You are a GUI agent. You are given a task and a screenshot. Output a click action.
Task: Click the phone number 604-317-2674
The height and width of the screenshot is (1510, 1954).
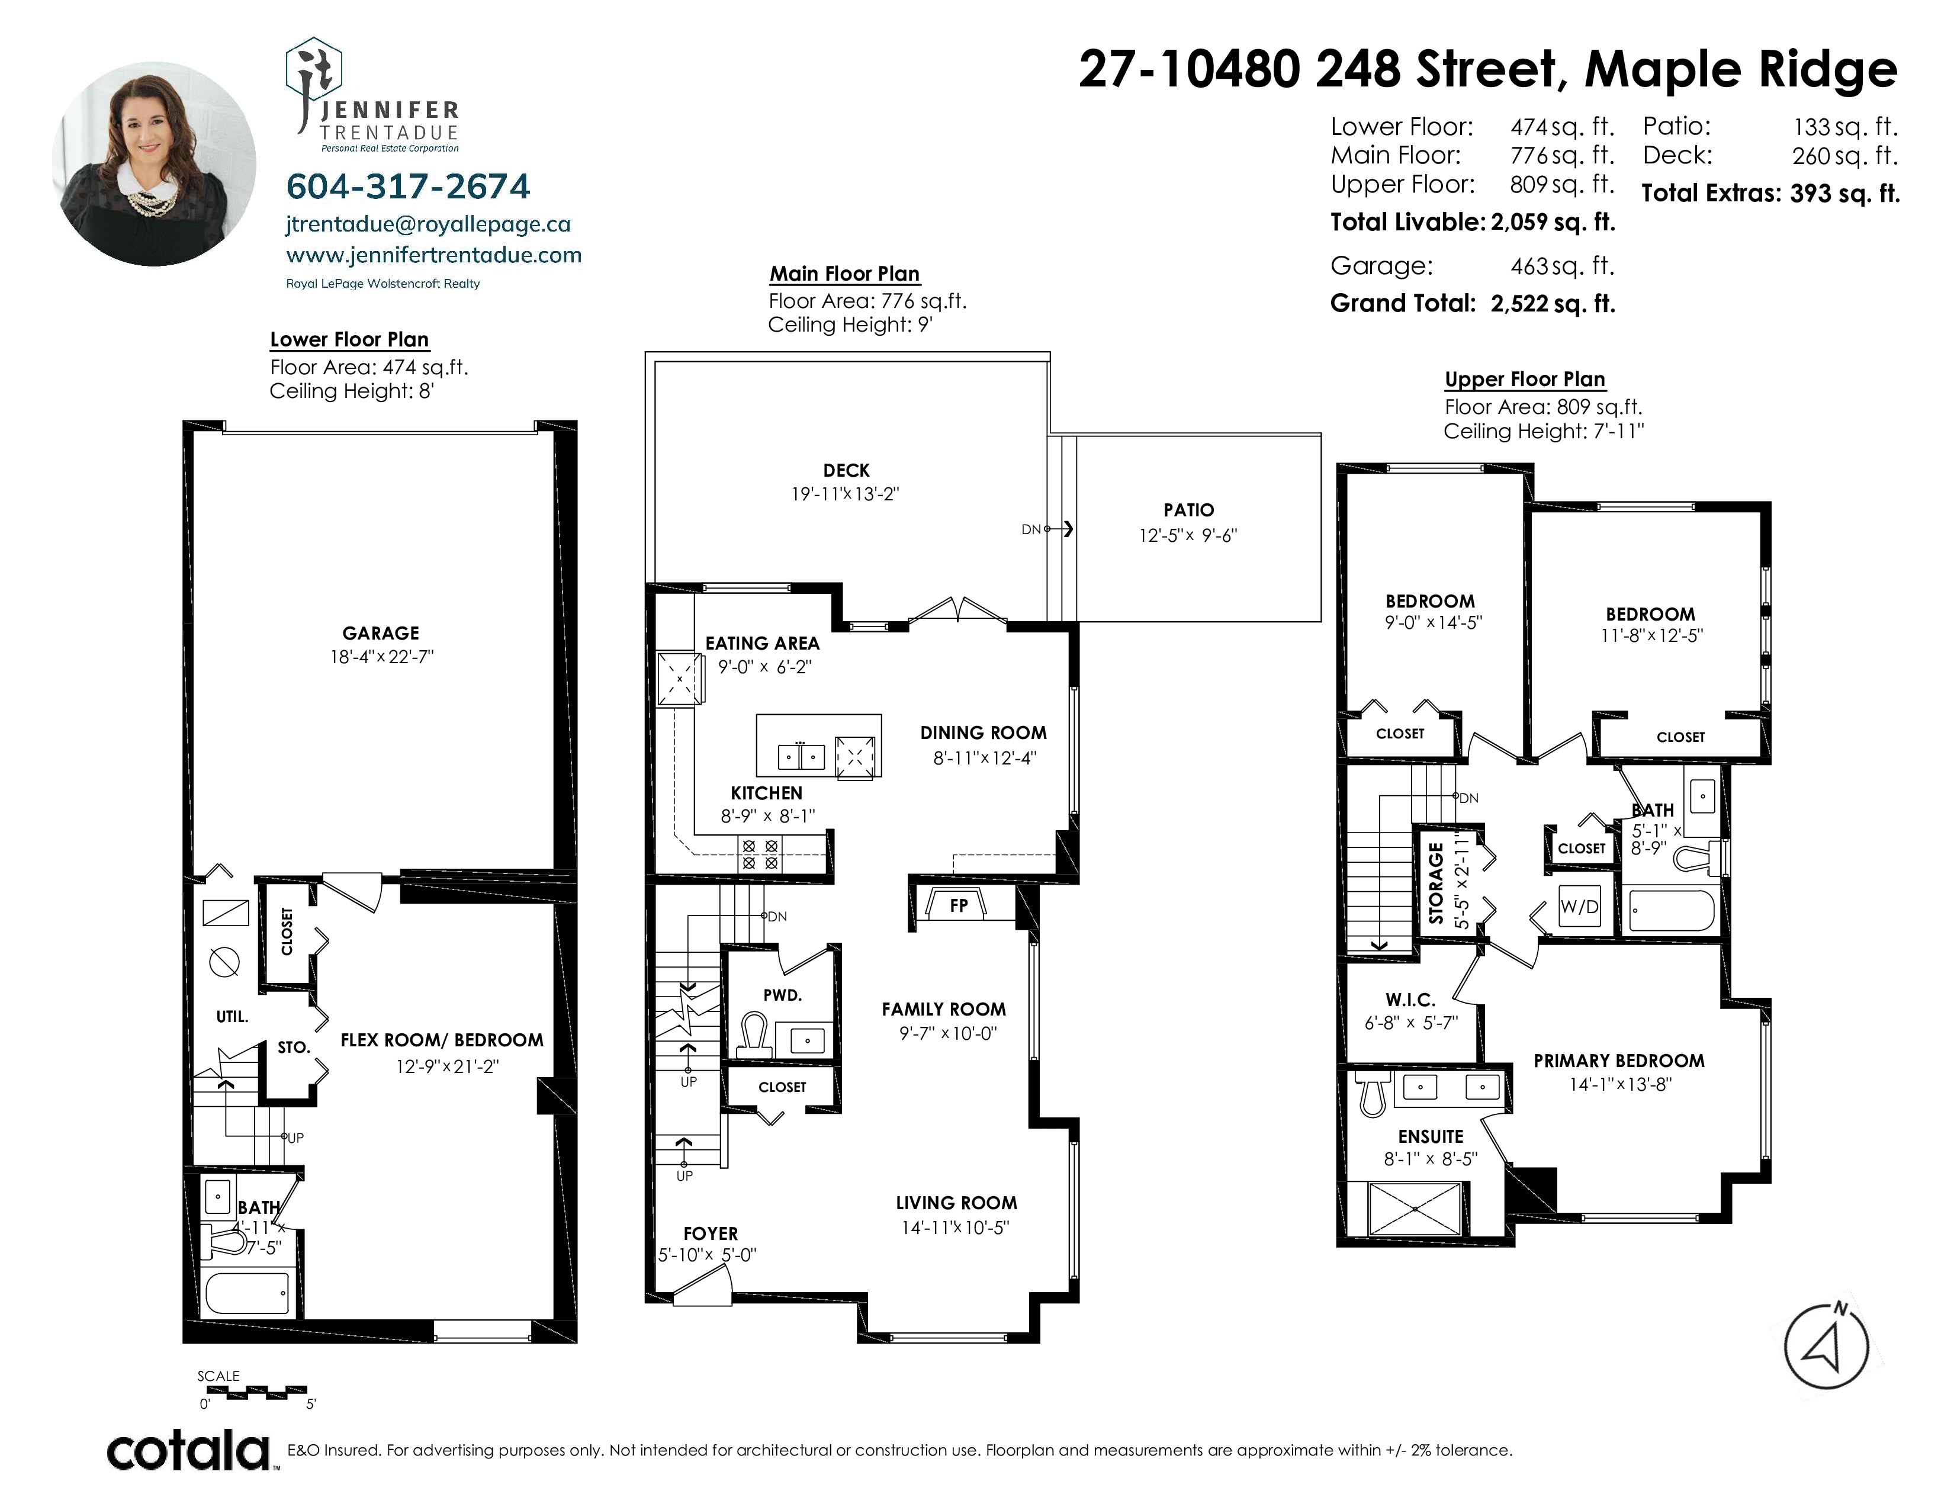(408, 186)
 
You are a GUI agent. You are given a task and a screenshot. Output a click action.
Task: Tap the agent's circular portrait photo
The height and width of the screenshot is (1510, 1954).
(154, 163)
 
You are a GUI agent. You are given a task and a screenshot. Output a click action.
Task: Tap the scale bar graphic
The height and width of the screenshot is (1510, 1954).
(257, 1390)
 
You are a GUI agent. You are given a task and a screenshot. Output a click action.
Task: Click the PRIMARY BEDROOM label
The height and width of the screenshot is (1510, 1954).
(1619, 1061)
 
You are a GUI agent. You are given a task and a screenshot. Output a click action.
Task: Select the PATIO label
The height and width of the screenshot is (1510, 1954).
(1189, 510)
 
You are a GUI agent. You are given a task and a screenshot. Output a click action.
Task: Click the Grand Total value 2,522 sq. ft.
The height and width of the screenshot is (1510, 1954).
(1553, 303)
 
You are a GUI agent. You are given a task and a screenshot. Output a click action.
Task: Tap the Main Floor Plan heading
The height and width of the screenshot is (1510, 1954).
(844, 274)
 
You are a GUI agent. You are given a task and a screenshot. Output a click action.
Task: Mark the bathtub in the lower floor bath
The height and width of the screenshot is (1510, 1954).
(247, 1293)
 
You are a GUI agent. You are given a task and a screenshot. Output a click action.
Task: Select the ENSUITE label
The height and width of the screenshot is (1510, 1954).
(1431, 1137)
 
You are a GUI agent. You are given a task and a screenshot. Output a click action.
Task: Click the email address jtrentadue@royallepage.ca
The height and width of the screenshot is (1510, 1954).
(429, 224)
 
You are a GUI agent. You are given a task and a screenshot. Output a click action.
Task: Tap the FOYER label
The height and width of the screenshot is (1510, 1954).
(711, 1233)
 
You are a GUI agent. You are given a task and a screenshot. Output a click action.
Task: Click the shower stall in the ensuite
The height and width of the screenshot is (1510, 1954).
(1415, 1209)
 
